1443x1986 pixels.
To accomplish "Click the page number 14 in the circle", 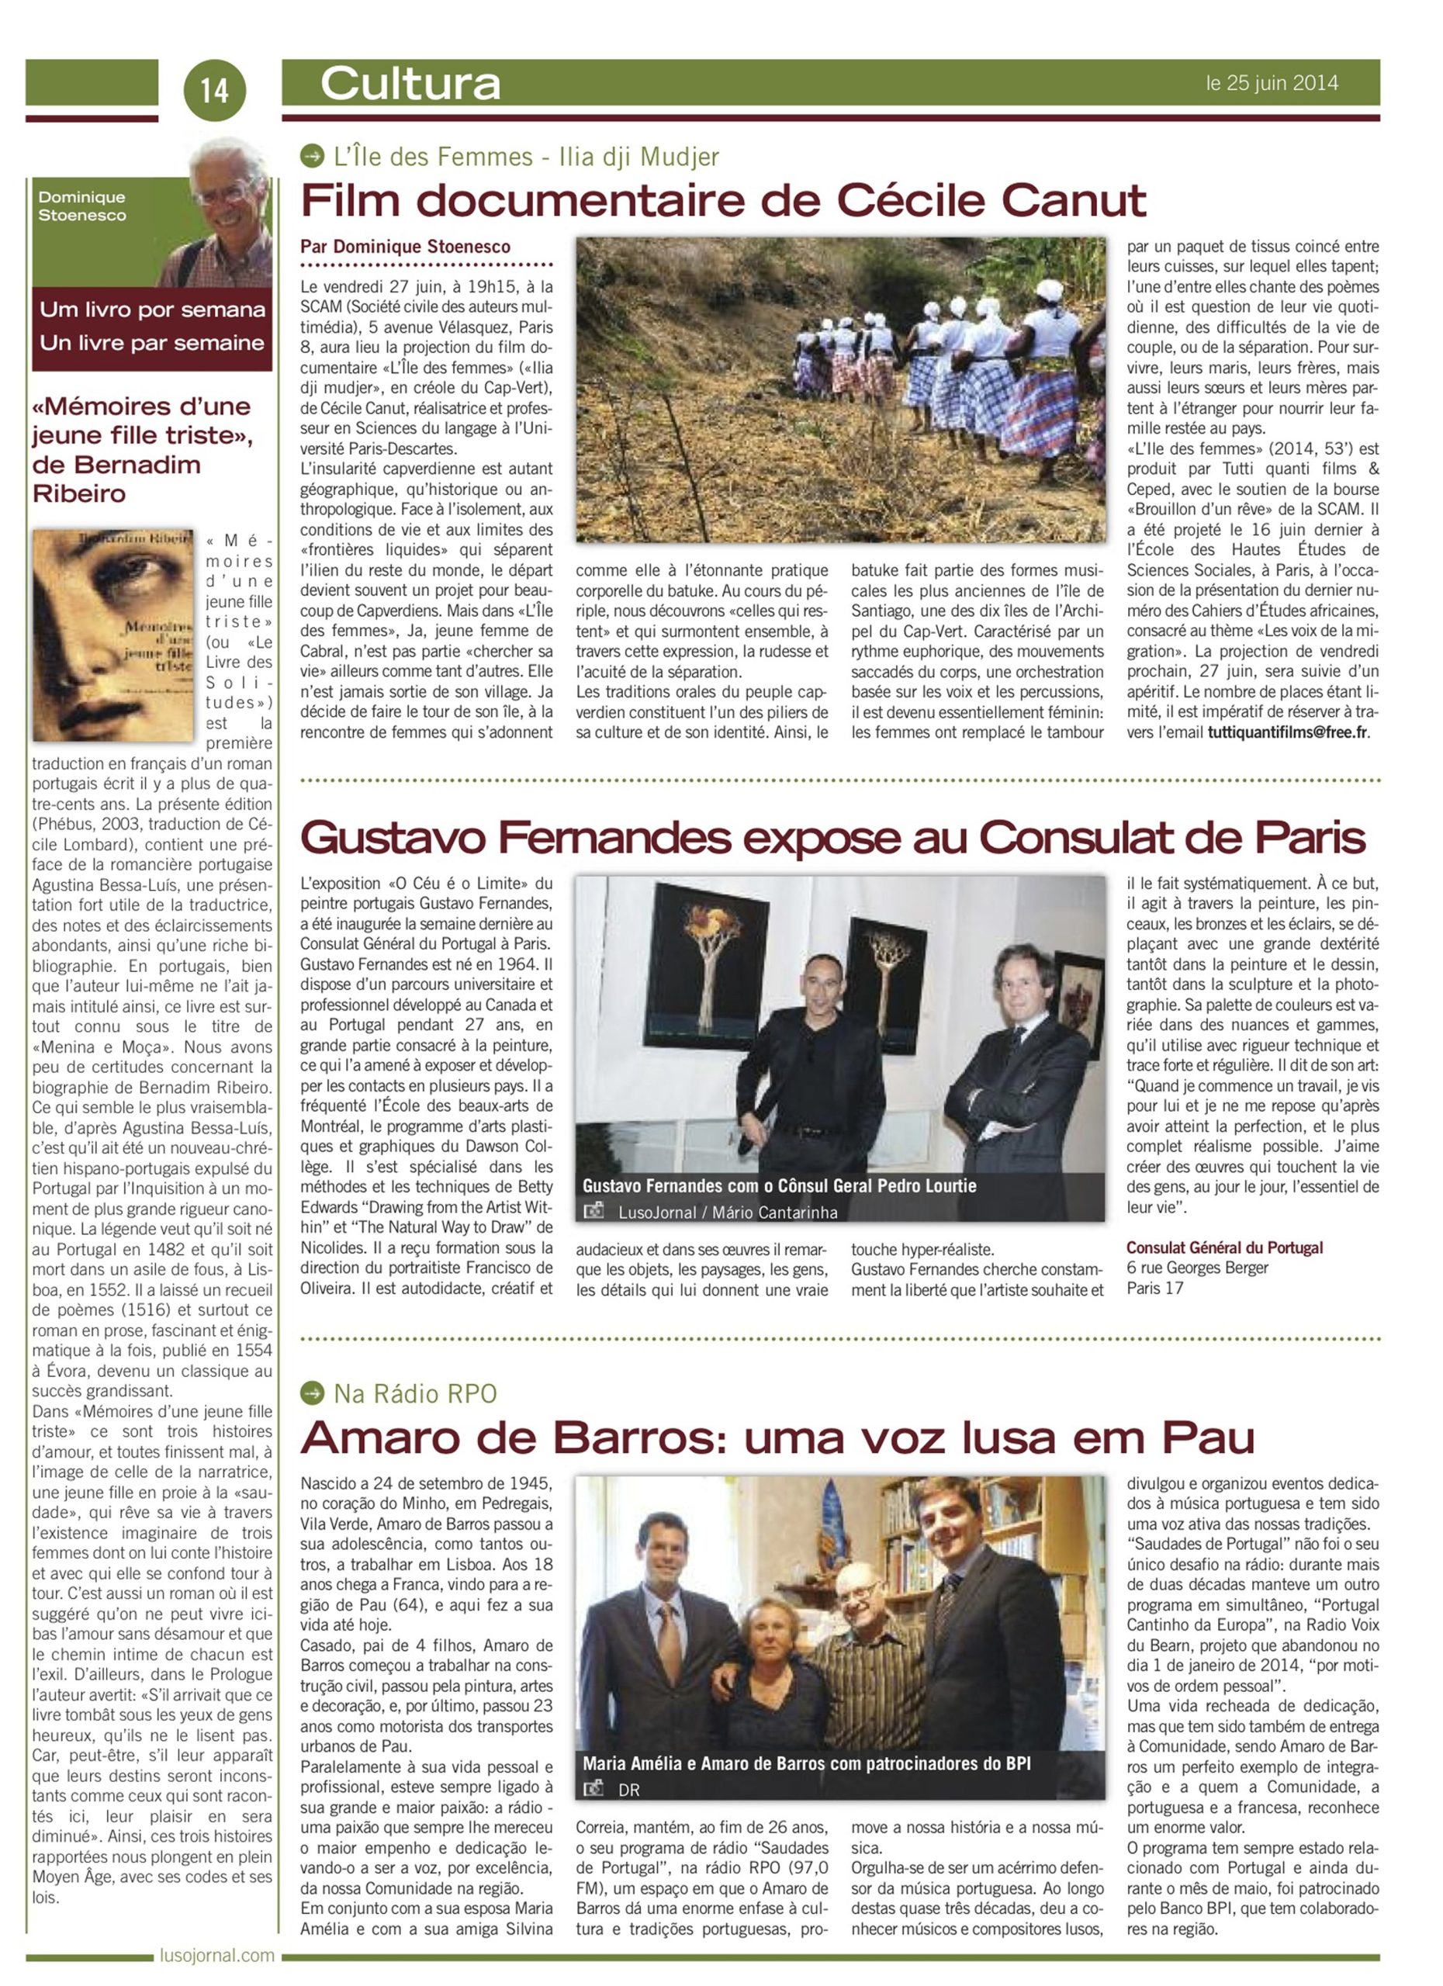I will (215, 90).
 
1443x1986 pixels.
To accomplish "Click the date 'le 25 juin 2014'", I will (1272, 83).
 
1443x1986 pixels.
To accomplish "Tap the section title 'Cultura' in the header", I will (410, 84).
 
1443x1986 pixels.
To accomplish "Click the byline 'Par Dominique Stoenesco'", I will (406, 247).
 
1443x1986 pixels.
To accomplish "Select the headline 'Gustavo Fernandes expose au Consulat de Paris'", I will (832, 838).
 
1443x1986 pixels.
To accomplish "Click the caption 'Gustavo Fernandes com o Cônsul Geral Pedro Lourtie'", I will (779, 1185).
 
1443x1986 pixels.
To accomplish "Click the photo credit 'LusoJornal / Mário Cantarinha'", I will (728, 1213).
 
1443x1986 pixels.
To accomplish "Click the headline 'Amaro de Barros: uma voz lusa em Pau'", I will (777, 1437).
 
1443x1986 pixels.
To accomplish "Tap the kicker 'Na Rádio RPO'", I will (415, 1393).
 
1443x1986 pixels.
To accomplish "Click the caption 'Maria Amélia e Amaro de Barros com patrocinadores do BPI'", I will (806, 1763).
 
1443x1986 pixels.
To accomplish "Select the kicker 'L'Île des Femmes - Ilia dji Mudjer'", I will (525, 157).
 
